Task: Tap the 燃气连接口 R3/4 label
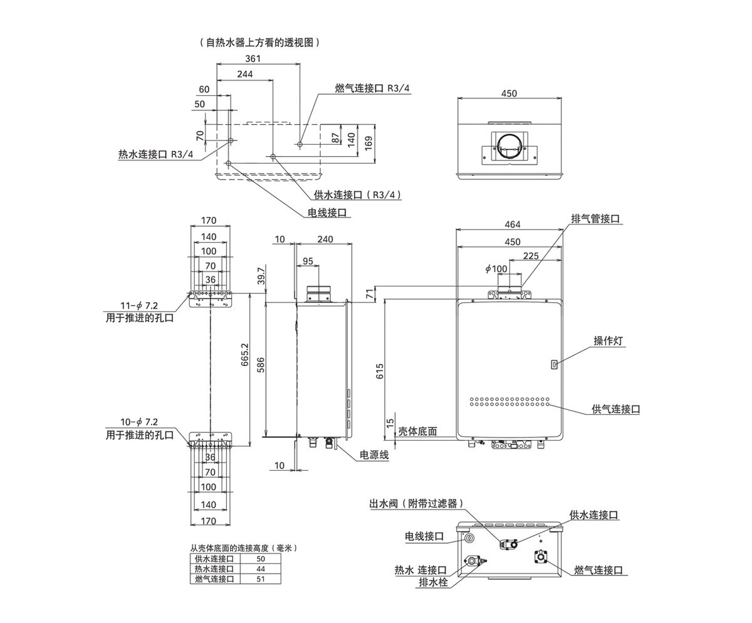(x=372, y=88)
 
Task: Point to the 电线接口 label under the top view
(x=327, y=212)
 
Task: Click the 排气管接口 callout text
(x=595, y=219)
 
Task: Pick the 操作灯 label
(x=609, y=341)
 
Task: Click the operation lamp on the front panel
(x=554, y=364)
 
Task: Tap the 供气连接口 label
(x=616, y=409)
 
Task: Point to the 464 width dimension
(x=512, y=224)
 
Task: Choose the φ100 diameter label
(x=496, y=269)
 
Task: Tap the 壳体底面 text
(x=417, y=432)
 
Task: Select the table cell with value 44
(x=261, y=569)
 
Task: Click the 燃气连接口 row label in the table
(x=214, y=579)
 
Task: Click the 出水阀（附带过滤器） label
(x=416, y=503)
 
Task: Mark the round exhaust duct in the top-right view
(x=509, y=148)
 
